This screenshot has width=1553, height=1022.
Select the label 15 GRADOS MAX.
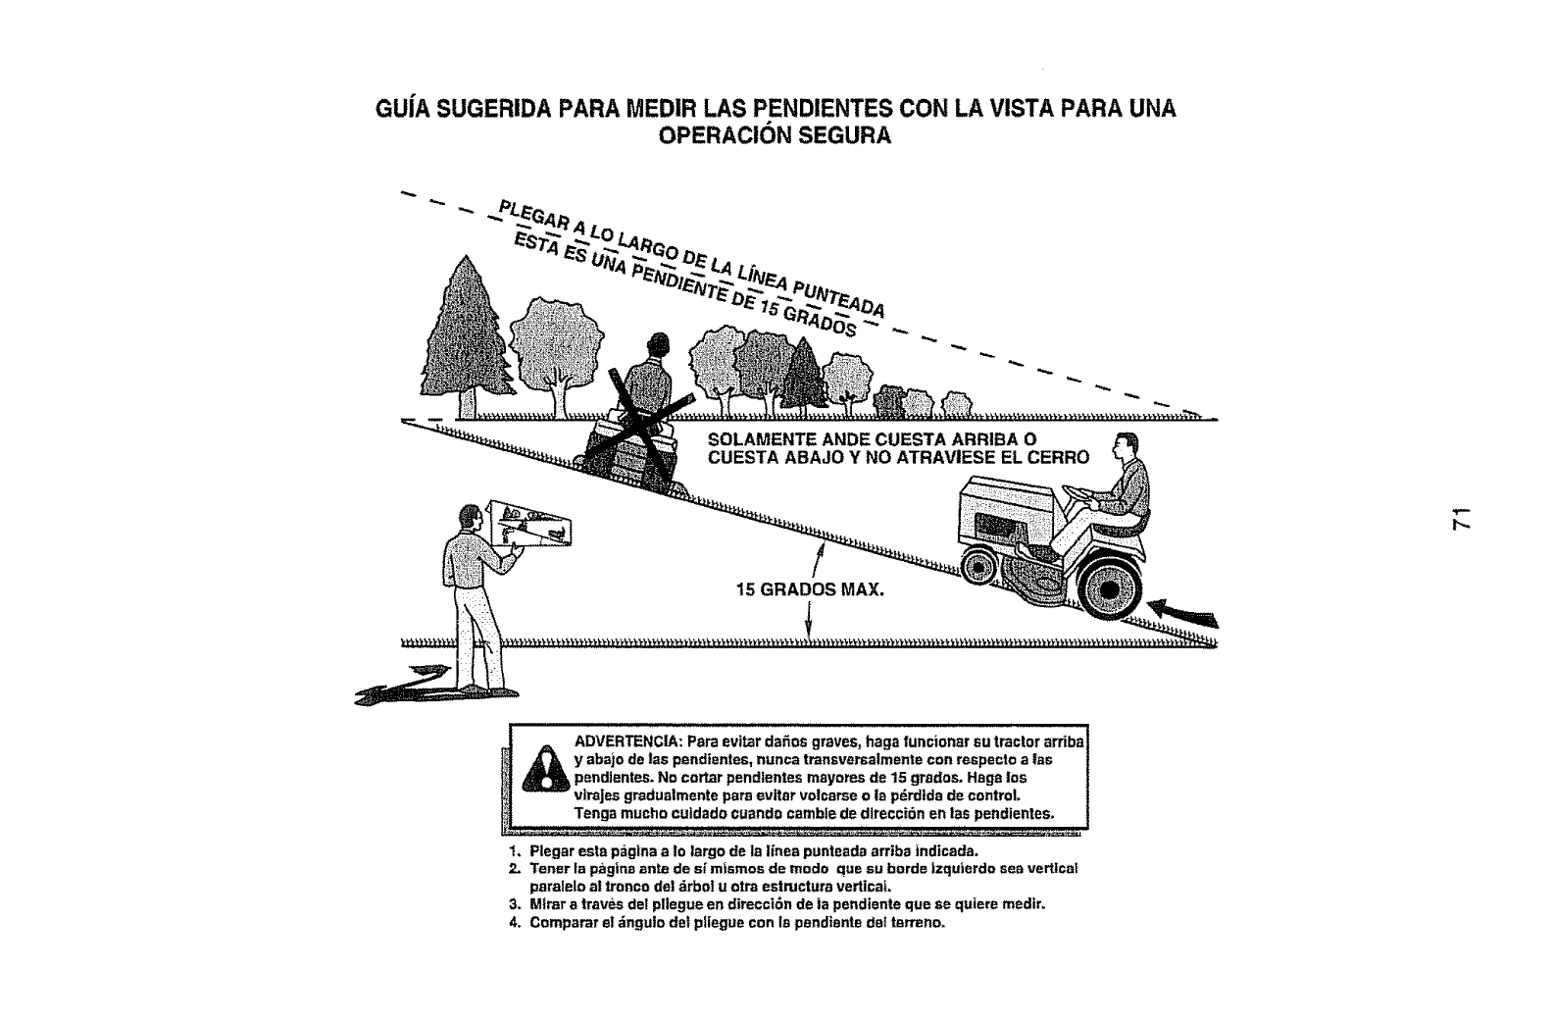810,590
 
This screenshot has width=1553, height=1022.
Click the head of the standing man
472,520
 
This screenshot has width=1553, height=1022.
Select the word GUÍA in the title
406,109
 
